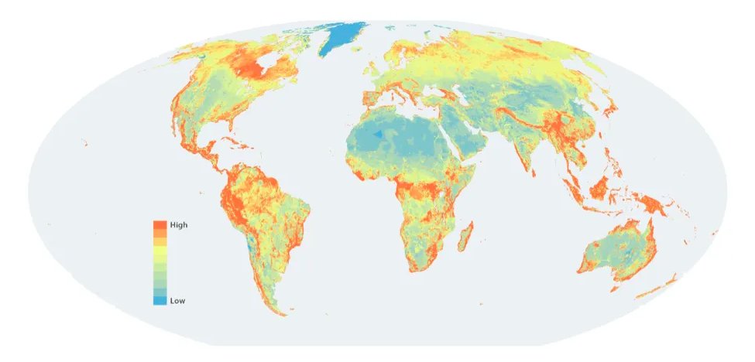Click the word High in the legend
click(179, 225)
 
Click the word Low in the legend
click(177, 300)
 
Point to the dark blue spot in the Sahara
click(378, 135)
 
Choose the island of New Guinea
click(659, 206)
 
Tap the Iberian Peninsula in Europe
click(373, 101)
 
